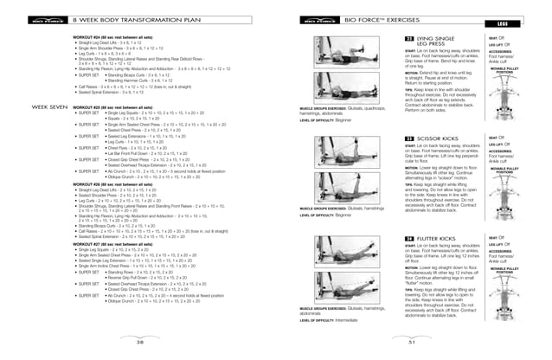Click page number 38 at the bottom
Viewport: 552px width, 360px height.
click(x=138, y=342)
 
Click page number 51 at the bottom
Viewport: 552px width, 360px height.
click(x=413, y=342)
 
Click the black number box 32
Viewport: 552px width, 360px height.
click(x=408, y=40)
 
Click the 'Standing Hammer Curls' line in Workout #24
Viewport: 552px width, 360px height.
click(x=156, y=104)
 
